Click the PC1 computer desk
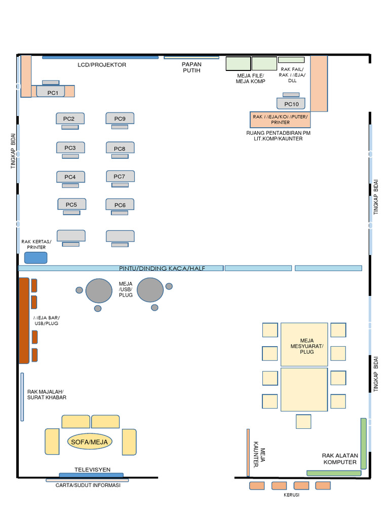53,92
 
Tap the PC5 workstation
71,204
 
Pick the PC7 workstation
120,176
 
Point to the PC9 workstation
120,119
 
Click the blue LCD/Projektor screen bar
100,57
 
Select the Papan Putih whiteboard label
191,67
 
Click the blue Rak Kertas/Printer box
35,257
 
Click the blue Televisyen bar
91,475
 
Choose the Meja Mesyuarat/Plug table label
304,346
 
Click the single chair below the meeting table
304,421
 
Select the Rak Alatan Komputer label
339,459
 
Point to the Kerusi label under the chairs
291,495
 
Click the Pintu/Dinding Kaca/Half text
162,268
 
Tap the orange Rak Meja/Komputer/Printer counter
280,119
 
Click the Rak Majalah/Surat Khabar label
47,394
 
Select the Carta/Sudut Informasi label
88,485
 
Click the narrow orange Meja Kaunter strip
248,453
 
